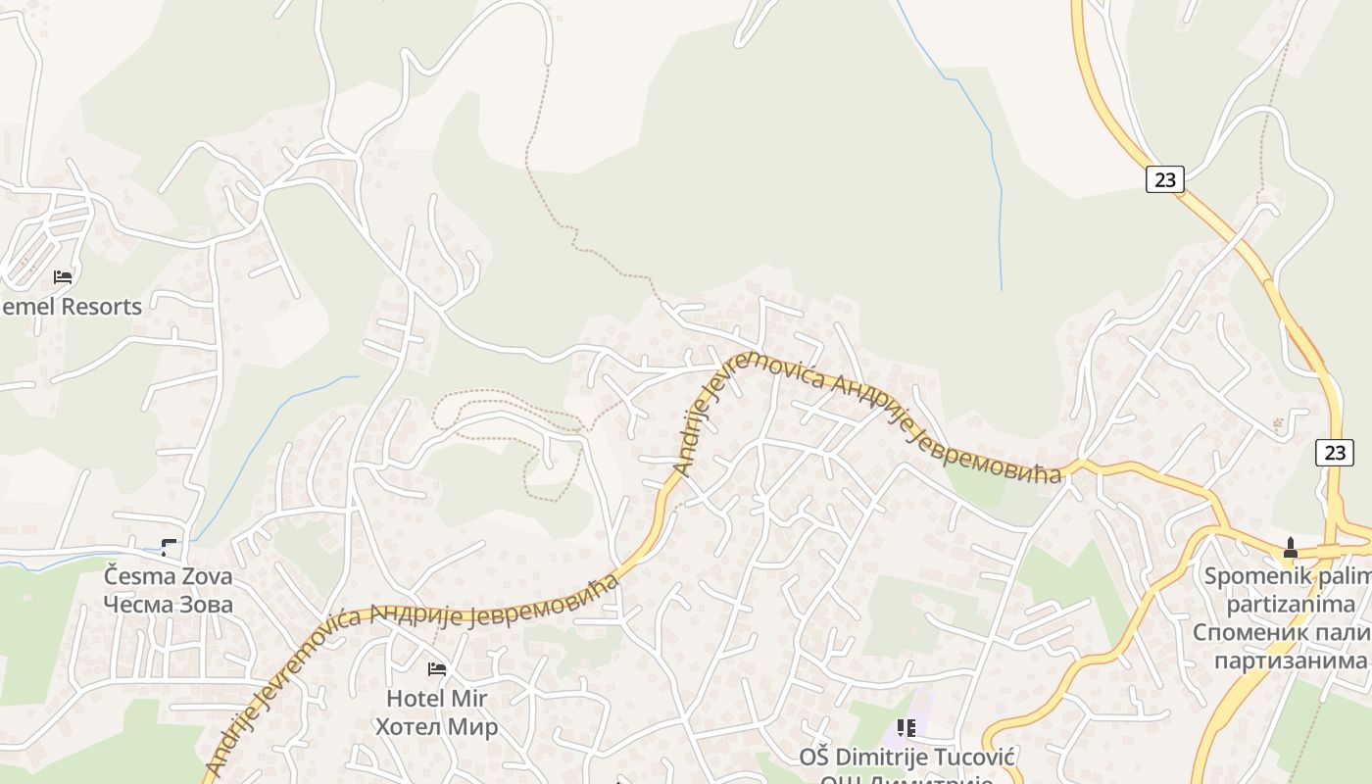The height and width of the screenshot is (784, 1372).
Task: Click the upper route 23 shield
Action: tap(1164, 179)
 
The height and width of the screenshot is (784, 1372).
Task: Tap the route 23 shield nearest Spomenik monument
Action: tap(1335, 452)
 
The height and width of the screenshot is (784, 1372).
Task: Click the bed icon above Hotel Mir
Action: tap(437, 669)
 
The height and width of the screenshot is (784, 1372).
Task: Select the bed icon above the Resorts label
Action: tap(64, 277)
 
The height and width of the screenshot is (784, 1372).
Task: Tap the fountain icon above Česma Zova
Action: tap(171, 548)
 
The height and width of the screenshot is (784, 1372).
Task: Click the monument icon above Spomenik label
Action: tap(1290, 548)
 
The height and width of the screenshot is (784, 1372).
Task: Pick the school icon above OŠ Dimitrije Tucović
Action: tap(906, 728)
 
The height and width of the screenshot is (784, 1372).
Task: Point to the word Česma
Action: tap(136, 575)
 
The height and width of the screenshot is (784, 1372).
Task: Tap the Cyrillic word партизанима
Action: tap(1290, 661)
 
